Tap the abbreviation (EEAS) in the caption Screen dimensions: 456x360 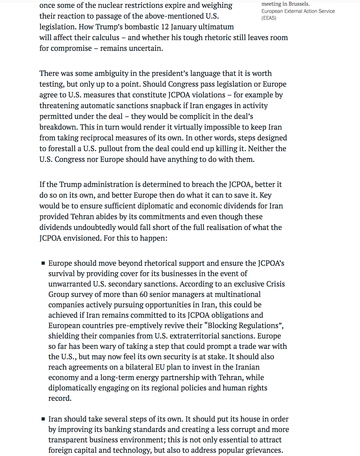(x=269, y=18)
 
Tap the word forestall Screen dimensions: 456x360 (x=62, y=149)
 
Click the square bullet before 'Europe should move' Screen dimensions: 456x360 (x=43, y=263)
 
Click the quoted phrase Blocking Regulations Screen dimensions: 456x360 (x=244, y=326)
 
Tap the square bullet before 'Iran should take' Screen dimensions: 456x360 (x=43, y=419)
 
